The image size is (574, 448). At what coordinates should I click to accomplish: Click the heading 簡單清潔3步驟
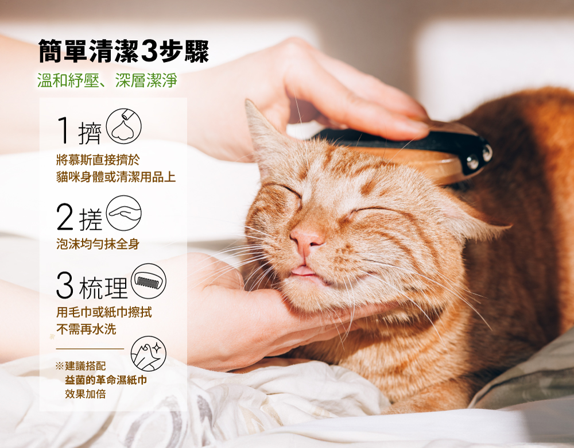tap(124, 51)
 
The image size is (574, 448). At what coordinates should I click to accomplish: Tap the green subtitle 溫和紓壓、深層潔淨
tap(107, 80)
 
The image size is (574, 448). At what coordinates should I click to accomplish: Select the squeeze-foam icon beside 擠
tap(124, 126)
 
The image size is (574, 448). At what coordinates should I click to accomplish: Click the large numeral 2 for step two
tap(65, 217)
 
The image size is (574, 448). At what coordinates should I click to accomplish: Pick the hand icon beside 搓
tap(124, 213)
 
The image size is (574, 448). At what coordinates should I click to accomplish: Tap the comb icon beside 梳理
tap(148, 281)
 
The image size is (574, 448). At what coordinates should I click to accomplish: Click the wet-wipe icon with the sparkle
tap(148, 353)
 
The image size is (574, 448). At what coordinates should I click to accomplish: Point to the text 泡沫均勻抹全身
tap(98, 244)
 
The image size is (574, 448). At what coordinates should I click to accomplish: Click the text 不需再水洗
tap(86, 329)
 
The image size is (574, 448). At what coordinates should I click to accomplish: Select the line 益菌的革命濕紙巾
tap(106, 380)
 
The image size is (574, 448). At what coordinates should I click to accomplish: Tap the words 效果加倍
tap(86, 394)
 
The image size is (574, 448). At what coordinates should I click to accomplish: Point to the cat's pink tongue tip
tap(302, 271)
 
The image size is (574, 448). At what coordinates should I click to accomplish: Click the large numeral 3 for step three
tap(65, 285)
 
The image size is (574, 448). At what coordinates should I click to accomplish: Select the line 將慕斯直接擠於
tap(98, 160)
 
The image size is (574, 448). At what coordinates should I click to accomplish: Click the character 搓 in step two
tap(90, 219)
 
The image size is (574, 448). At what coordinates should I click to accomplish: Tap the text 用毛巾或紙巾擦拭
tap(104, 312)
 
